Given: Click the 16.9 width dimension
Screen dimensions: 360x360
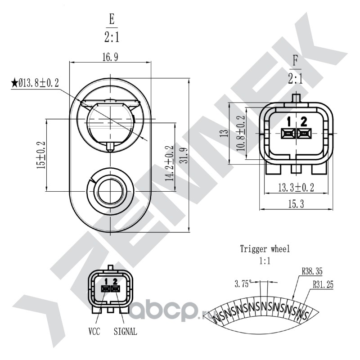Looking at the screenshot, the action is coord(110,57).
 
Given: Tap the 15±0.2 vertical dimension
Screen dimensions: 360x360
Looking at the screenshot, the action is coord(41,155).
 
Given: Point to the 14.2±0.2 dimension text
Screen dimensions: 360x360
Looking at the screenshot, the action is coord(170,163).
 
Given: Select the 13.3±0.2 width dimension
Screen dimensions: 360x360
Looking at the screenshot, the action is coord(296,188).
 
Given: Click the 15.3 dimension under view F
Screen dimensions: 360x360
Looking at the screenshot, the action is coord(296,204).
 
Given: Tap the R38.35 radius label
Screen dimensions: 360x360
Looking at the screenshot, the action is coord(312,272).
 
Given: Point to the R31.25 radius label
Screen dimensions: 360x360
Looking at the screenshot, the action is coord(323,285).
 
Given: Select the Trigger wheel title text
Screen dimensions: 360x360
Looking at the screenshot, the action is coord(265,249).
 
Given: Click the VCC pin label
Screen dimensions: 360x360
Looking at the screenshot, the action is coord(94,331).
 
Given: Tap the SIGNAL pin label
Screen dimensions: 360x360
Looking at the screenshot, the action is coord(126,331).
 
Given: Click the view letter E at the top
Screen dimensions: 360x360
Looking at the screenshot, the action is coord(112,19).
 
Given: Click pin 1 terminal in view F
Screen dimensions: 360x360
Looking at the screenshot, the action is coord(288,133).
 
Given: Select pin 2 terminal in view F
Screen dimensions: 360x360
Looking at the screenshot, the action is coord(304,133).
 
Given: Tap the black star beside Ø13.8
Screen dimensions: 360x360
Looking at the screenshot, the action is coord(14,83).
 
